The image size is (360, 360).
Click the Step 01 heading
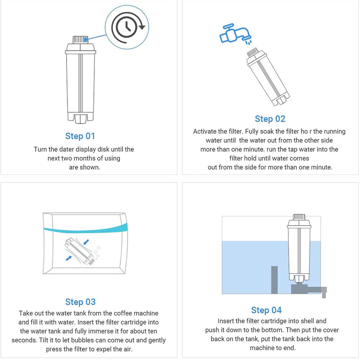(80, 136)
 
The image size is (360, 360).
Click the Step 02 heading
(270, 119)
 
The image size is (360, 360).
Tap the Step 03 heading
(80, 302)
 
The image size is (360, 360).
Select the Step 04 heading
(266, 310)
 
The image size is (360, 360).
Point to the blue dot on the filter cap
(85, 40)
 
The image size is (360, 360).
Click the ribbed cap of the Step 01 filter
(80, 40)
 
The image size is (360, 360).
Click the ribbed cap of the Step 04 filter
(299, 217)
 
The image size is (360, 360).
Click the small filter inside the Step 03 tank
(80, 251)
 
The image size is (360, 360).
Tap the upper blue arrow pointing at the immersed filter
(86, 242)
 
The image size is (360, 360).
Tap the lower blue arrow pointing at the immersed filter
(69, 258)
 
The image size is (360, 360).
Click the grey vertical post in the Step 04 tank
(274, 280)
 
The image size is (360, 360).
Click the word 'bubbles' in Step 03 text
(83, 340)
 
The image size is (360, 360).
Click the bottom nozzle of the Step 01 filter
(80, 118)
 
